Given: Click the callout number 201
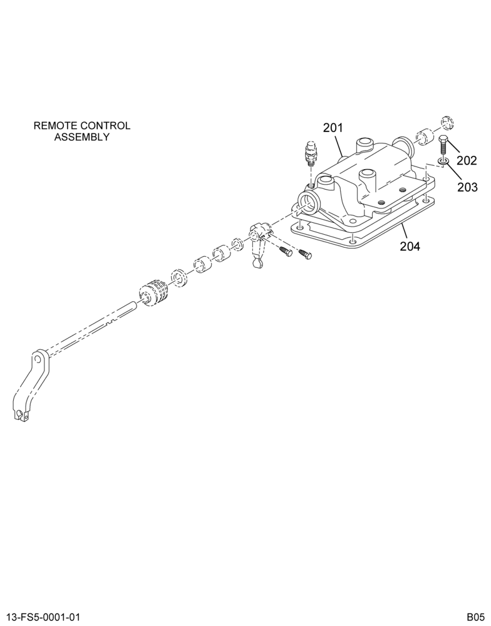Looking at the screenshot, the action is click(333, 128).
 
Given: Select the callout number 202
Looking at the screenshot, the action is click(467, 160).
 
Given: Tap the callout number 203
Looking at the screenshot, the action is click(467, 187).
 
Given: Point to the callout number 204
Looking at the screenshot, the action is click(410, 246).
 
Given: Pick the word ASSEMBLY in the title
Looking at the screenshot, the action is click(82, 137).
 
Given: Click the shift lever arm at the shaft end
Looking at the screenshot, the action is click(31, 385).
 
